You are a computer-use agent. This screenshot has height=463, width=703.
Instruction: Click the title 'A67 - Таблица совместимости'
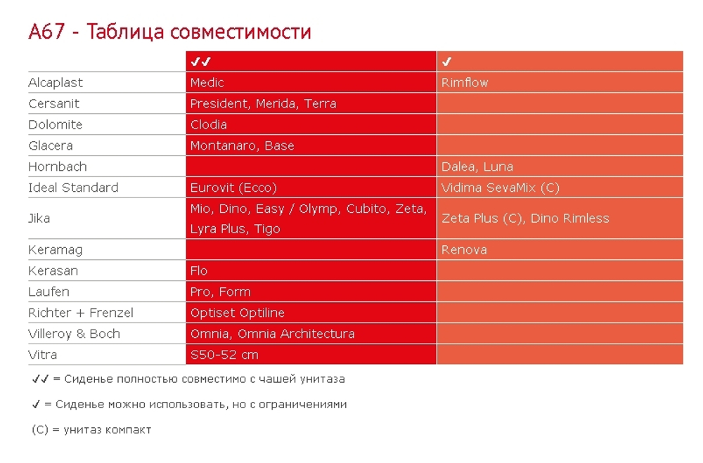point(169,32)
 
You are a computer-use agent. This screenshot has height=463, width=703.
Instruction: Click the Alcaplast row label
point(56,83)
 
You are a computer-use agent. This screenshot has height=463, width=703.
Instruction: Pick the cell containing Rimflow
point(465,83)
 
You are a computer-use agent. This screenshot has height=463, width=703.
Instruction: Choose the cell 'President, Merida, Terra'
point(263,104)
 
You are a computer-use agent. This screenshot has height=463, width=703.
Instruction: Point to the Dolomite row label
point(56,125)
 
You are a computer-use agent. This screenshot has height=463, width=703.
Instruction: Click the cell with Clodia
point(209,125)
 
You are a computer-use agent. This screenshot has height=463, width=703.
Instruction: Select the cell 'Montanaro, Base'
point(242,146)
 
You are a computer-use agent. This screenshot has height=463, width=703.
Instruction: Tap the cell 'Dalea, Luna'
point(477,167)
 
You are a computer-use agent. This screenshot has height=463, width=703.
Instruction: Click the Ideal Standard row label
point(73,188)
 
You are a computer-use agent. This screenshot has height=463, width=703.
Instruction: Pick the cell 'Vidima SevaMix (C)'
point(501,188)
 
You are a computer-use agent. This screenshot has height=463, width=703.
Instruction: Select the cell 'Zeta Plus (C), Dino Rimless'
point(525,219)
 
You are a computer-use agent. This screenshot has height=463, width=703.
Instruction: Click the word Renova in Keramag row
point(464,250)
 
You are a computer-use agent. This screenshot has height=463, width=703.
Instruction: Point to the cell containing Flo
point(199,271)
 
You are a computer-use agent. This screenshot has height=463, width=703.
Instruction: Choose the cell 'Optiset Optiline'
point(237,313)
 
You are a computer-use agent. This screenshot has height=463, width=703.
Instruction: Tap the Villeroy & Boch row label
point(74,334)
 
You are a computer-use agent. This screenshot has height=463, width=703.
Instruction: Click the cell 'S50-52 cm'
point(224,356)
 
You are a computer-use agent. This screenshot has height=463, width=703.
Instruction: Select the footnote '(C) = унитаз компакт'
point(91,429)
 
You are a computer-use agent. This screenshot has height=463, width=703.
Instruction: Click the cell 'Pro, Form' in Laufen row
point(220,292)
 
